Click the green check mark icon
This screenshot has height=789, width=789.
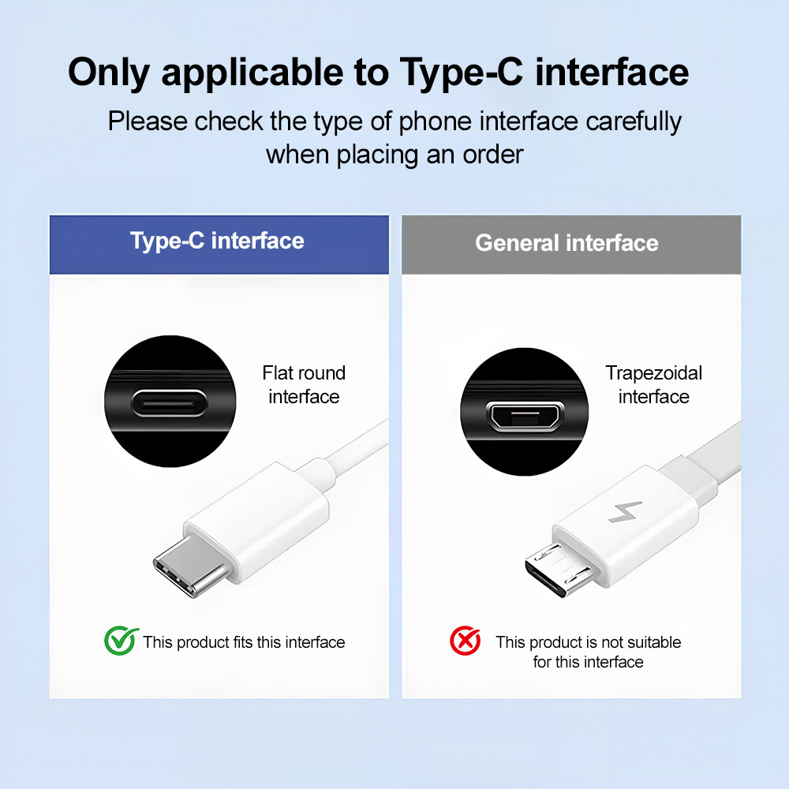pyautogui.click(x=121, y=641)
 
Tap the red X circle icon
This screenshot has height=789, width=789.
pyautogui.click(x=465, y=641)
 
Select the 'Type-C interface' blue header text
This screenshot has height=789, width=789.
pyautogui.click(x=218, y=241)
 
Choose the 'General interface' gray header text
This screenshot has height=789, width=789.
pyautogui.click(x=567, y=243)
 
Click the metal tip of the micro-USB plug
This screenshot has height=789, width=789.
pyautogui.click(x=557, y=570)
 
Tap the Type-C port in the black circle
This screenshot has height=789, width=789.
pyautogui.click(x=170, y=403)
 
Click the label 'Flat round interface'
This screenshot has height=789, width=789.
pyautogui.click(x=304, y=385)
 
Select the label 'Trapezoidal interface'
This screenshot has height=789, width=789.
pyautogui.click(x=653, y=385)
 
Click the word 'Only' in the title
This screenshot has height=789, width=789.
pyautogui.click(x=109, y=73)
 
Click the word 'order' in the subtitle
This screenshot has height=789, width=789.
pyautogui.click(x=493, y=155)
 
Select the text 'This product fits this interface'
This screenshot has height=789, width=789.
pyautogui.click(x=244, y=642)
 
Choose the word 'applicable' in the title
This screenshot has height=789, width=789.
pyautogui.click(x=252, y=73)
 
